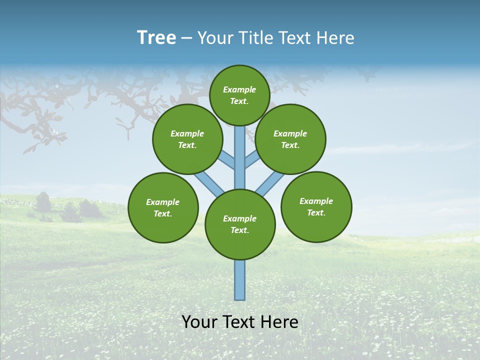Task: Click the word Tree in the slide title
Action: (156, 38)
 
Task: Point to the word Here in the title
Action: (335, 38)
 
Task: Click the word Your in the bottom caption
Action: (199, 322)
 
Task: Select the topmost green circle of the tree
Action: (239, 95)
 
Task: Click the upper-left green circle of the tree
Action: (187, 139)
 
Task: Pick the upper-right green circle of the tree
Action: (290, 139)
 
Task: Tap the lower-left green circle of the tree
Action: (163, 207)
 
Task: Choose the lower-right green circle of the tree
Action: (316, 206)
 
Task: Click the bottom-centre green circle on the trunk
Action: (240, 224)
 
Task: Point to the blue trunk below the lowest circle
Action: (240, 280)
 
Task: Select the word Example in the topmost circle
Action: (239, 89)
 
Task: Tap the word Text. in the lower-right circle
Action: (316, 212)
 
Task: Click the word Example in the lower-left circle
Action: (163, 202)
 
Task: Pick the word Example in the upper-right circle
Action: (290, 133)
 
